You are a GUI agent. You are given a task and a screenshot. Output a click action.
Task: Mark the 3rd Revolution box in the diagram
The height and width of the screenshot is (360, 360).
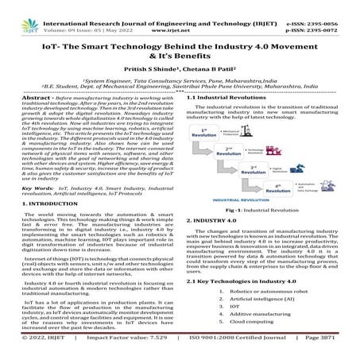[257, 169]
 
